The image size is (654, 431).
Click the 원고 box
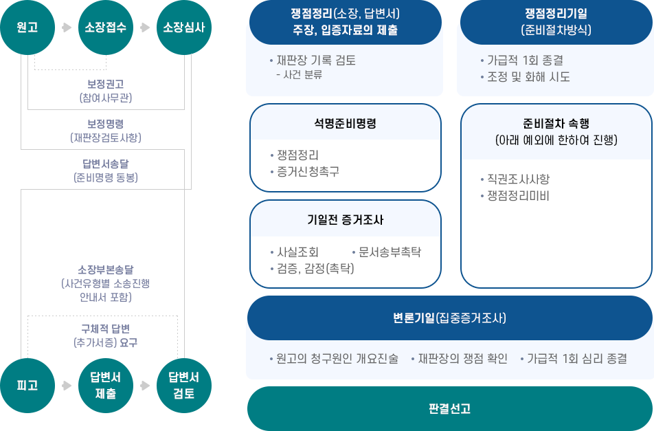(x=27, y=27)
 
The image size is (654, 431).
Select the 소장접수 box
(x=105, y=27)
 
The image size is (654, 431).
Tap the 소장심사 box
(x=183, y=27)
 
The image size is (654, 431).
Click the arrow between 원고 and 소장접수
(x=67, y=27)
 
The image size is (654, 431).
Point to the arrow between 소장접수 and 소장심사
(x=145, y=27)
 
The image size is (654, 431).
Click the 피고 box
(x=27, y=386)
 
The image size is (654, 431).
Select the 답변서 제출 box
(x=105, y=386)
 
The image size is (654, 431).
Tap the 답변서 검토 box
(x=183, y=386)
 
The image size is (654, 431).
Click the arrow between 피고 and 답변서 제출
(x=67, y=386)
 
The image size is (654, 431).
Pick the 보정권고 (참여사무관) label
(x=105, y=91)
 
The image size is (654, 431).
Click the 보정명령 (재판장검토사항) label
(x=105, y=131)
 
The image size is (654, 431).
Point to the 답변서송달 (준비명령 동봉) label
(x=105, y=170)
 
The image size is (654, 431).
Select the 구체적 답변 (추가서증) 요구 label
(x=105, y=335)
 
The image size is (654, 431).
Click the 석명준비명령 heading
(x=345, y=124)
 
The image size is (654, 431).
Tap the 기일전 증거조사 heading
(x=345, y=220)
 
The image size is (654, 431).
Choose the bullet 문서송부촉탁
(x=389, y=252)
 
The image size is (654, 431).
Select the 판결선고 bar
(x=449, y=408)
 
